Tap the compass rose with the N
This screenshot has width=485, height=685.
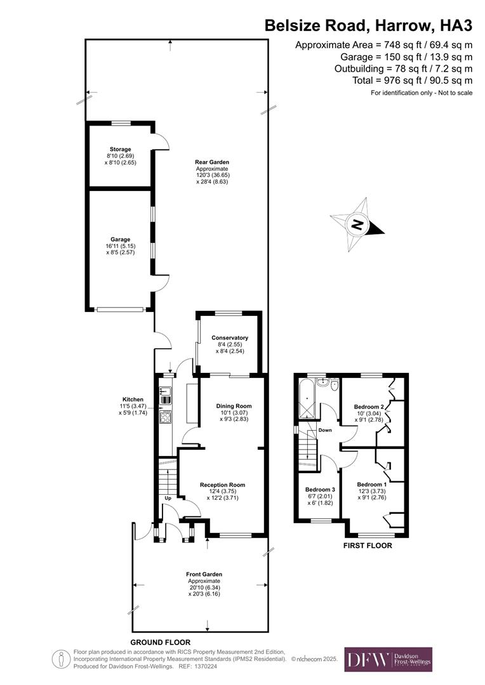point(357,224)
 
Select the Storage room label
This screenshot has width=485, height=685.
point(120,150)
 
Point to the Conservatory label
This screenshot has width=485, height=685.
point(229,338)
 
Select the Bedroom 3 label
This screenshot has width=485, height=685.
point(320,490)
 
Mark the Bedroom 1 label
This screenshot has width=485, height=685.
point(372,483)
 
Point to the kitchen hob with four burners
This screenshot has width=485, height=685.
point(166,416)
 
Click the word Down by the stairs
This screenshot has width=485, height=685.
point(325,431)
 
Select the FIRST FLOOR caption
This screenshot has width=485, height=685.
point(368,545)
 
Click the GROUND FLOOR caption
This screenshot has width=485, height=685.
point(161,642)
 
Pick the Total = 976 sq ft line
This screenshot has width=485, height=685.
point(412,81)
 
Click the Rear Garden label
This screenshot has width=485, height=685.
point(212,162)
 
